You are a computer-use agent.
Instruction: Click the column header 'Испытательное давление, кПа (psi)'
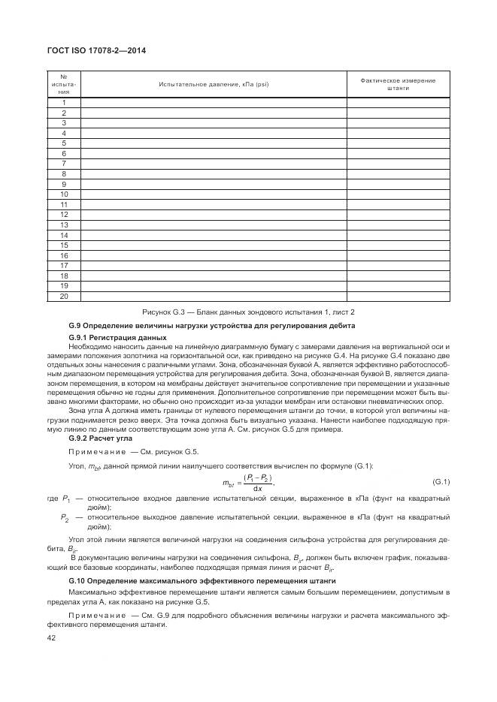214,84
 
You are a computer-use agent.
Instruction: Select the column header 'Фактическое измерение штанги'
398,84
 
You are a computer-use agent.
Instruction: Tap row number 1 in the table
65,103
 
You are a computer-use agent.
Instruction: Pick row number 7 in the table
65,164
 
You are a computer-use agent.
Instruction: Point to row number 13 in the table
65,224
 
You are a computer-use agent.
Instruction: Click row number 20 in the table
65,296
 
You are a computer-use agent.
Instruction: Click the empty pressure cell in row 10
214,194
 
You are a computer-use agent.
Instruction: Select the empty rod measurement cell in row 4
398,133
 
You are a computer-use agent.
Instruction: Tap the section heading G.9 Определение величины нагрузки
212,324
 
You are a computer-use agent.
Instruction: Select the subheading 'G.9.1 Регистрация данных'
111,337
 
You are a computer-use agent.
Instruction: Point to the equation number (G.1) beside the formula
441,481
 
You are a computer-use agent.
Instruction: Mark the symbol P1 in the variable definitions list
65,499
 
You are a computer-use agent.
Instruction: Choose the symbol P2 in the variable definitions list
65,517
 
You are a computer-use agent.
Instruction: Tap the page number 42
52,638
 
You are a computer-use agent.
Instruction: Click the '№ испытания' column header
65,84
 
